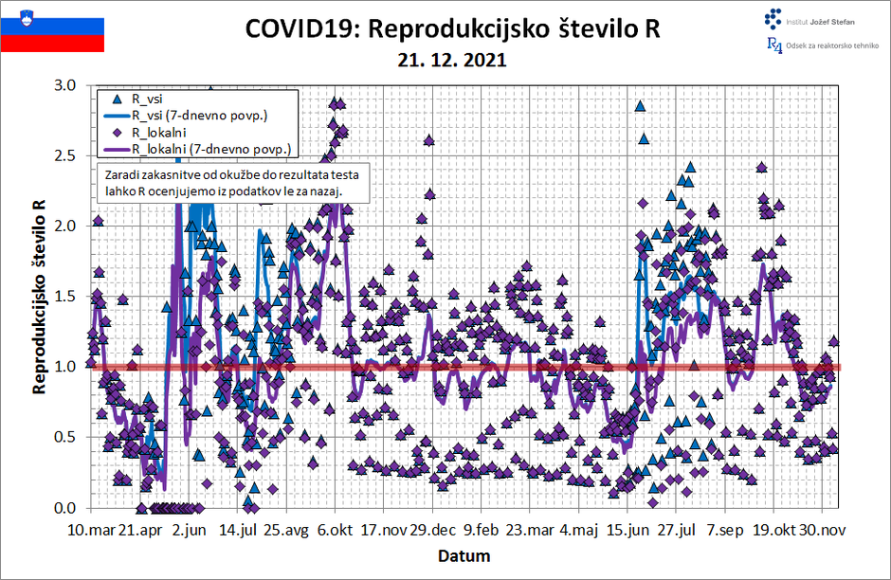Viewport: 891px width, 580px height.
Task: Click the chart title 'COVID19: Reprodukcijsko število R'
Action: pyautogui.click(x=452, y=28)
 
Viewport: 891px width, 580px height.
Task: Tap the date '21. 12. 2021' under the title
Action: pyautogui.click(x=452, y=59)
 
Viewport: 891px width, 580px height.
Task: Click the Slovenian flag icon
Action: pyautogui.click(x=52, y=29)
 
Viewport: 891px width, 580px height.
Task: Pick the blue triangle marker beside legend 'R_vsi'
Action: pyautogui.click(x=117, y=99)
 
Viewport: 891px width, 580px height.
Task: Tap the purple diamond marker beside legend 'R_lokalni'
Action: pyautogui.click(x=117, y=133)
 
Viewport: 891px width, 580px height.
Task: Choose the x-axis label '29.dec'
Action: pyautogui.click(x=433, y=530)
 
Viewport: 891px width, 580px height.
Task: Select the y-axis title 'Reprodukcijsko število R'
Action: pyautogui.click(x=40, y=297)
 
